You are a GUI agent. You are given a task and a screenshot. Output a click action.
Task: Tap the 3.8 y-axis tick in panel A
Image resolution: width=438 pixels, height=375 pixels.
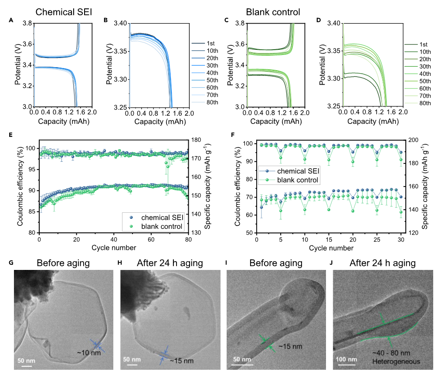coord(27,23)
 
